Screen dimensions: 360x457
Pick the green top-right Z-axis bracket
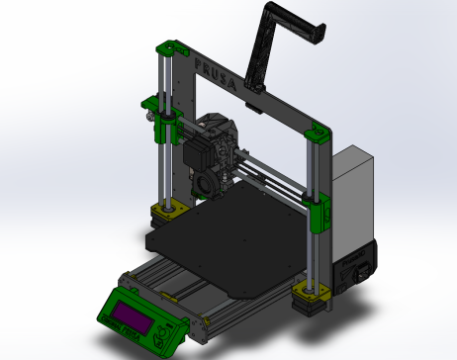pyautogui.click(x=320, y=132)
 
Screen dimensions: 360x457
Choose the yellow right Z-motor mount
pyautogui.click(x=311, y=291)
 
